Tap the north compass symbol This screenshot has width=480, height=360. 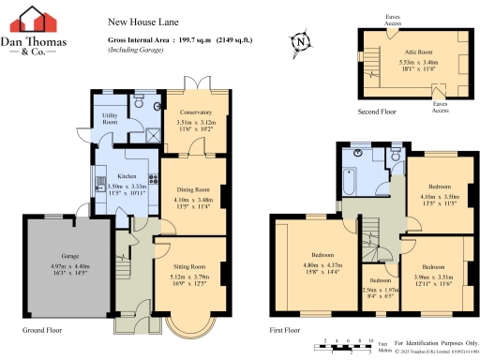pos(299,41)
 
